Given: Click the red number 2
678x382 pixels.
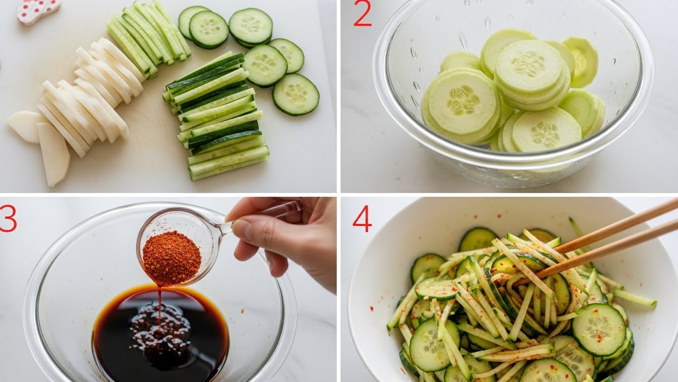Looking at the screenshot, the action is (x=363, y=13).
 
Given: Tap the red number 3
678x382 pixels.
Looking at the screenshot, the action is (x=7, y=218).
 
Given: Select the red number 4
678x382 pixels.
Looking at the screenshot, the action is (x=362, y=218).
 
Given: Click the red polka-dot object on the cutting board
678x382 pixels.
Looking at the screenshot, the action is (x=38, y=11).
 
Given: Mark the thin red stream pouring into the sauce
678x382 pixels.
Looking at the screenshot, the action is (x=159, y=303).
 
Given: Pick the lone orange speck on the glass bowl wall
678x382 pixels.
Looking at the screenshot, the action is (x=242, y=310).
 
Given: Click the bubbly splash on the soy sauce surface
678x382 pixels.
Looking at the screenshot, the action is (x=160, y=327).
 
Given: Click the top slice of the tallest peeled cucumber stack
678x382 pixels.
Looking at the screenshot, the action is (x=529, y=66).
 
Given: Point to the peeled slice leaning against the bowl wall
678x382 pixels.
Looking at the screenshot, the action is (x=581, y=62).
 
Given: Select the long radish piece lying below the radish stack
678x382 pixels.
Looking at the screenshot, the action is (x=53, y=153).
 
